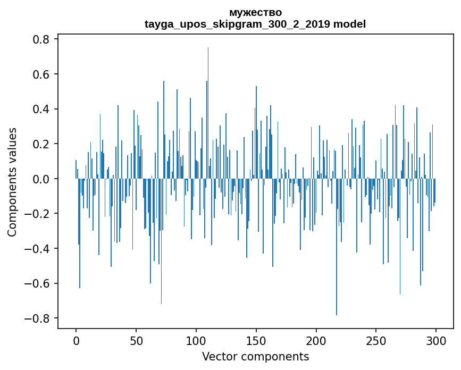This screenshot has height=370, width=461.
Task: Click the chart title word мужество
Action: coord(255,12)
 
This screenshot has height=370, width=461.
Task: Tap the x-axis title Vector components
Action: coord(255,356)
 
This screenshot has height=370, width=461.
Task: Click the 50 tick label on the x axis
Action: coord(136,340)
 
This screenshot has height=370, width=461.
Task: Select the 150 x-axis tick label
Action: coord(256,340)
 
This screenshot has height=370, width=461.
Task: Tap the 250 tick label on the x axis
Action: coord(376,340)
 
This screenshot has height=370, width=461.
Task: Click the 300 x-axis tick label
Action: coord(437,340)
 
